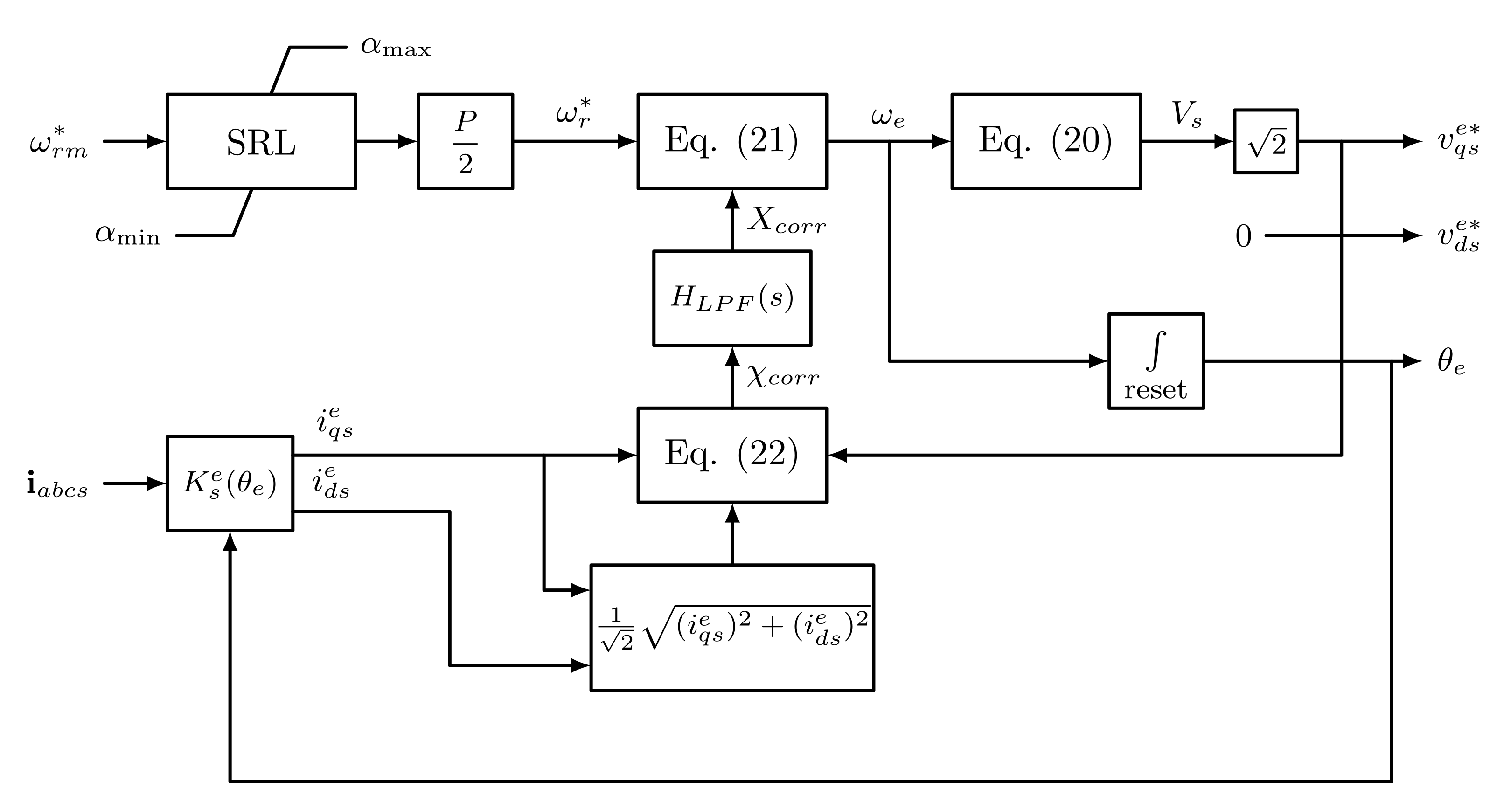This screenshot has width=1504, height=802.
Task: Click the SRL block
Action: (261, 141)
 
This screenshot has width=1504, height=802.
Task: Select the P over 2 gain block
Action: (465, 141)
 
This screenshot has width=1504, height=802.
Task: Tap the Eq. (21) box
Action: (732, 141)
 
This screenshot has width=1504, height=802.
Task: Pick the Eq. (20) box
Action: (1046, 141)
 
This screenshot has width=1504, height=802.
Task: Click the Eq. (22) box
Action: (732, 455)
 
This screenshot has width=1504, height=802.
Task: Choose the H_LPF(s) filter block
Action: (732, 298)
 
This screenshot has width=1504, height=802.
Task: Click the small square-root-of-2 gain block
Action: (1266, 141)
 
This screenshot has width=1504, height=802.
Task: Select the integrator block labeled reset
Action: (1156, 361)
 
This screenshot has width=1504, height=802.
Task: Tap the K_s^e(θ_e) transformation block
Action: (230, 484)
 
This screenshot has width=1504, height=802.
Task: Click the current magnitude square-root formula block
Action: (732, 628)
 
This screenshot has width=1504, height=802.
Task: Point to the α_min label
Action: (127, 235)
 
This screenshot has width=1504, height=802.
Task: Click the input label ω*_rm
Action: (58, 142)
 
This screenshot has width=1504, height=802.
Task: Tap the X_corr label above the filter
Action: (787, 221)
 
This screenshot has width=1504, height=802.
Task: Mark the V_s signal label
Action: (1186, 114)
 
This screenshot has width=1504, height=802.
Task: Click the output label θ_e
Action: (1451, 362)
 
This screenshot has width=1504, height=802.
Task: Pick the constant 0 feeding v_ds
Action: (1244, 236)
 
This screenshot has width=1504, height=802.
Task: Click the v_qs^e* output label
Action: (1458, 140)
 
